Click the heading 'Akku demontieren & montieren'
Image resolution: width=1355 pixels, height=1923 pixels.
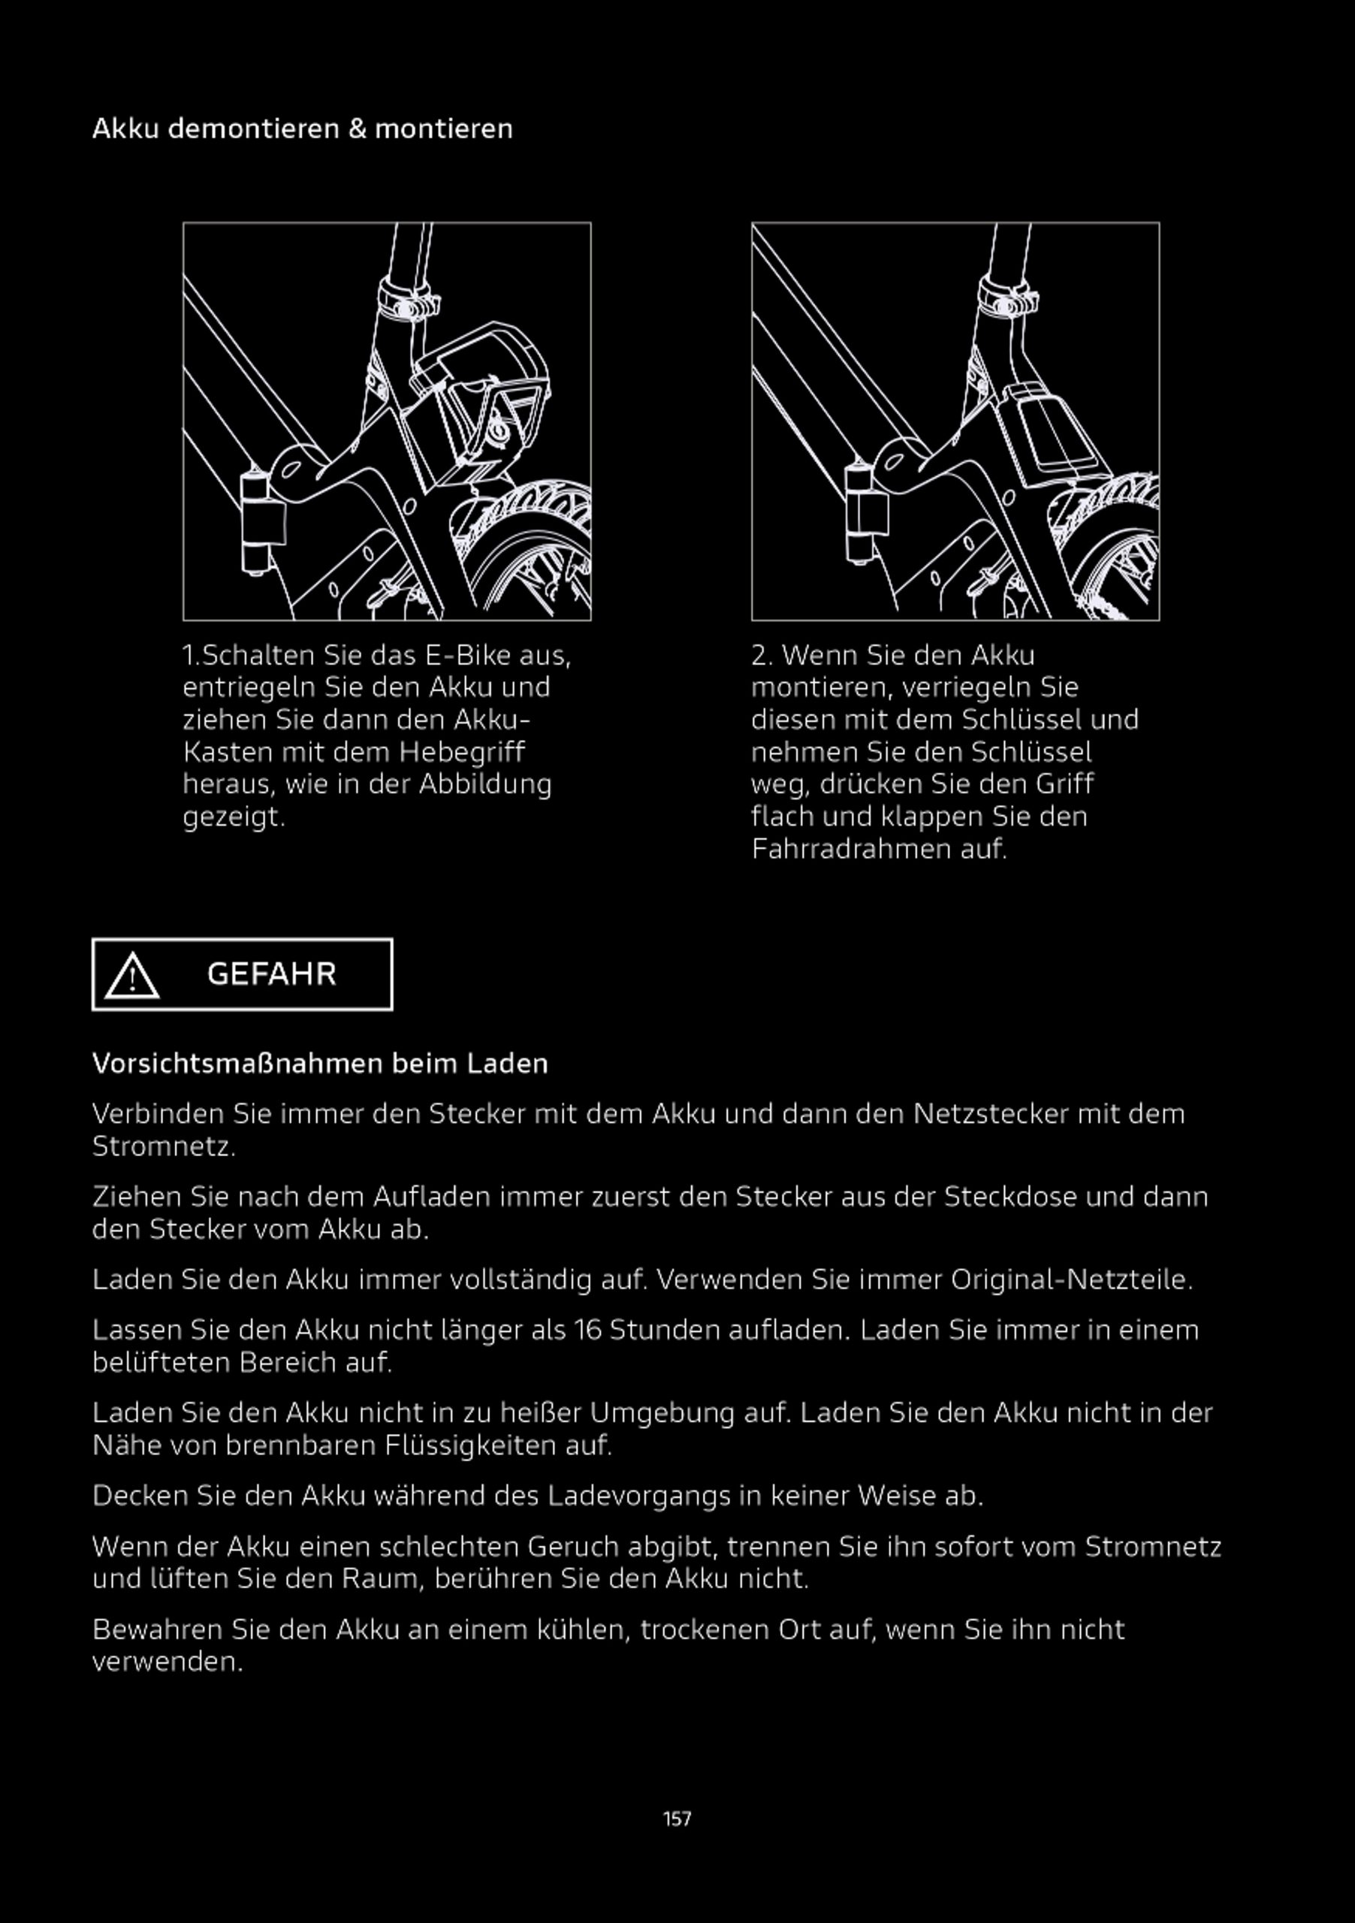(301, 129)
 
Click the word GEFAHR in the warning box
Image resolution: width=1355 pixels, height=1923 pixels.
(271, 974)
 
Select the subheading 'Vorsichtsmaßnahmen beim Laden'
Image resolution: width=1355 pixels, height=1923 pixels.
(320, 1064)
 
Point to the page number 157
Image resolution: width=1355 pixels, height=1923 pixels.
(677, 1819)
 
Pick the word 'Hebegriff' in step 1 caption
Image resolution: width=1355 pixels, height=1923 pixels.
(461, 752)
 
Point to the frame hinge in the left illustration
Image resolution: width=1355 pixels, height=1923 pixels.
(256, 523)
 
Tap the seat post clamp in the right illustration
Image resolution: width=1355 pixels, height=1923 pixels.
(1008, 300)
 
